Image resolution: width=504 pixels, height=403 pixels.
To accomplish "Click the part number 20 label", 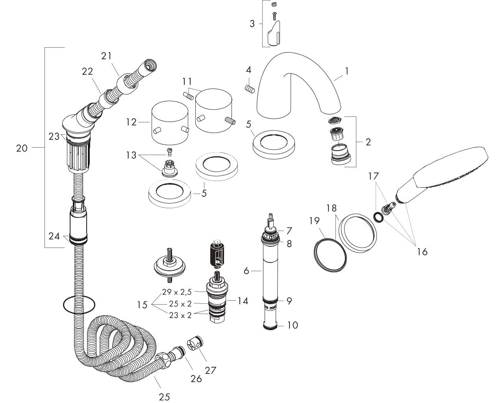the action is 22,148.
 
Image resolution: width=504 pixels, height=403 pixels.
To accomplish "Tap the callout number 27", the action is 210,370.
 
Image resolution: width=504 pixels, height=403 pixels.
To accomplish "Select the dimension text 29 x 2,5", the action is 177,292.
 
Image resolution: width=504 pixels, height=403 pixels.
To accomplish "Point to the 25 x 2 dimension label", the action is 180,304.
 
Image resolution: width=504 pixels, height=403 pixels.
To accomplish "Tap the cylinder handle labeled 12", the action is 170,123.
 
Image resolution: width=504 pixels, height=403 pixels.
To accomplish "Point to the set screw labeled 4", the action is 250,89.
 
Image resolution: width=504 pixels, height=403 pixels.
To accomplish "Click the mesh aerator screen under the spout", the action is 335,120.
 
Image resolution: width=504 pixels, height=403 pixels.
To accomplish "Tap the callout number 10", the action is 292,325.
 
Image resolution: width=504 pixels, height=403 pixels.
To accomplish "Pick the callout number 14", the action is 243,301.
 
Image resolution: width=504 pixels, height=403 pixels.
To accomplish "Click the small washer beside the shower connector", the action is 378,217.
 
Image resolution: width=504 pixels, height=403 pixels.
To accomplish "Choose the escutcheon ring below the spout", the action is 274,145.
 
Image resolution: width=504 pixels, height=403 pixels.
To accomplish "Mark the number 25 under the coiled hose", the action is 164,397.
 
